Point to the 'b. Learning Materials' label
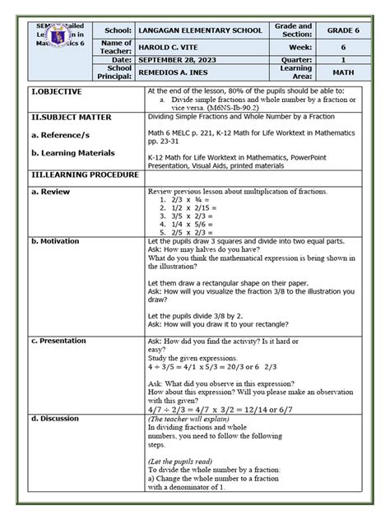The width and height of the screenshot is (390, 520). point(73,153)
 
